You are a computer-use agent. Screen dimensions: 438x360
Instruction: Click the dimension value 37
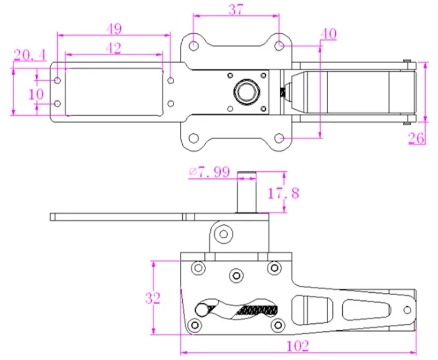236,9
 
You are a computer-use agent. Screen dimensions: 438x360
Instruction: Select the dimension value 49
114,29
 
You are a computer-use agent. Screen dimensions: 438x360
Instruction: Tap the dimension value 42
114,48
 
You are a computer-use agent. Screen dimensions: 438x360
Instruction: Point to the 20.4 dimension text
30,55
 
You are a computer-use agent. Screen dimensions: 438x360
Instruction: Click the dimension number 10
36,94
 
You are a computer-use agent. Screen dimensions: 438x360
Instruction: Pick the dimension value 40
328,34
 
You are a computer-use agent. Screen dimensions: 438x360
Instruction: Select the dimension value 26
416,138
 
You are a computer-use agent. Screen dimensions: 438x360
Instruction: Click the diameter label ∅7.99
210,172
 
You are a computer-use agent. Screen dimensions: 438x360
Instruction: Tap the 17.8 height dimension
283,193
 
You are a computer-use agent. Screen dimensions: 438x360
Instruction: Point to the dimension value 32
153,298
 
